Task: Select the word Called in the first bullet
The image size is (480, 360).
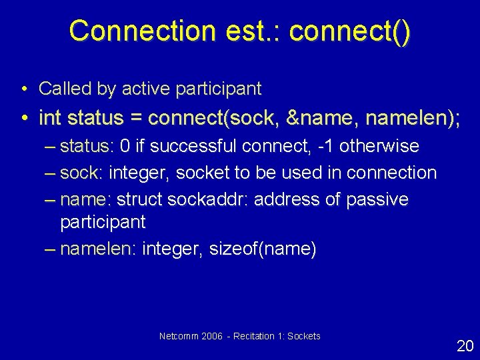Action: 60,88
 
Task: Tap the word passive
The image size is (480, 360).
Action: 378,199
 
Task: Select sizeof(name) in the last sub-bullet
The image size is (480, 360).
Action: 263,249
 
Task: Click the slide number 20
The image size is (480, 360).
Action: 465,345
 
